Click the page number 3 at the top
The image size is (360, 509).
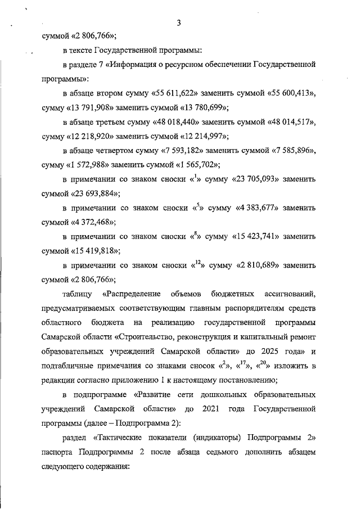coord(178,23)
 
